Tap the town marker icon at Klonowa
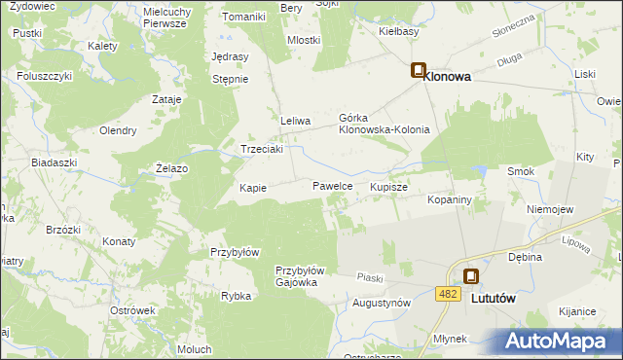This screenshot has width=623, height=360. click(x=418, y=71)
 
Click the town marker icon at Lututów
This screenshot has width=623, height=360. click(x=471, y=277)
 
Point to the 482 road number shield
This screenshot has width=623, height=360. click(x=448, y=293)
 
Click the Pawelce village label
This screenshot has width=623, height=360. click(x=332, y=185)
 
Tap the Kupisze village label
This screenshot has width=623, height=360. click(x=388, y=186)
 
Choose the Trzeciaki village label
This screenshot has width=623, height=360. click(x=262, y=150)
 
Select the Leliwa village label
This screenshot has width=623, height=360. click(x=295, y=121)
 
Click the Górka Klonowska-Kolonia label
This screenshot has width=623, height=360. click(x=384, y=123)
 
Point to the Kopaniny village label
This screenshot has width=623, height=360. click(x=450, y=199)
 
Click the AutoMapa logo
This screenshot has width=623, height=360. click(x=558, y=341)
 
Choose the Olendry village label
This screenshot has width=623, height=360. click(x=117, y=130)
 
